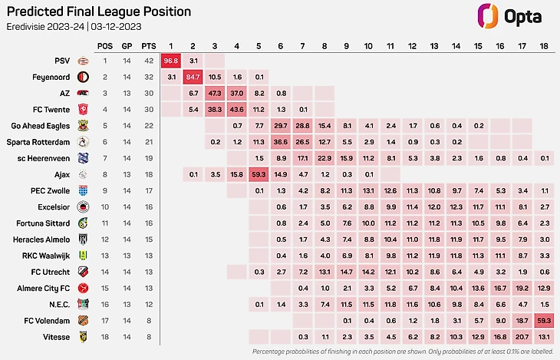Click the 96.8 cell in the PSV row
(171, 61)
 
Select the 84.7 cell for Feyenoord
(193, 77)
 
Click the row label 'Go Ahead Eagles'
(41, 126)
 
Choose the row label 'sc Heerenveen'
(44, 158)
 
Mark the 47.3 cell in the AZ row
(215, 93)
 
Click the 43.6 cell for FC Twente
(236, 110)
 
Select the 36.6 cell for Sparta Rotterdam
(280, 142)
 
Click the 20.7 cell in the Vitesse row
(522, 336)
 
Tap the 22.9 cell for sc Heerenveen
(324, 158)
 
